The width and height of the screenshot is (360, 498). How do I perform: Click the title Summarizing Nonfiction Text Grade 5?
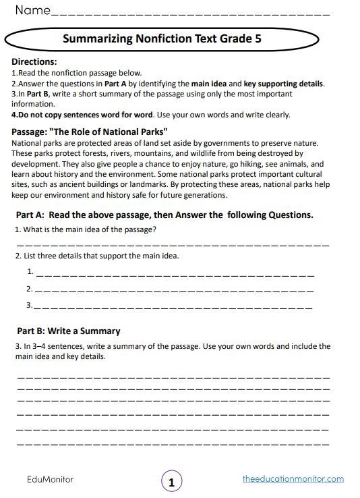coord(162,39)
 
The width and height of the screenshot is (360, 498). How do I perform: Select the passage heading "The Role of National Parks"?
coord(90,132)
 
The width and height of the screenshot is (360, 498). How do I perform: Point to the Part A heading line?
coord(164,215)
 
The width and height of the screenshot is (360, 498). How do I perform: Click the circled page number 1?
coord(171,482)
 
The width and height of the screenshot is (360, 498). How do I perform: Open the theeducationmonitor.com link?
coord(293,479)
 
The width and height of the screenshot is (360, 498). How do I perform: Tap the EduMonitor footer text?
coord(50,479)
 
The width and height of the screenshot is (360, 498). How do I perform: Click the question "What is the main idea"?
coord(86,229)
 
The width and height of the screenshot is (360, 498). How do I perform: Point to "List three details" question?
coord(97,256)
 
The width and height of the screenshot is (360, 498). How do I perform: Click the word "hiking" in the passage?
coord(239,164)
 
